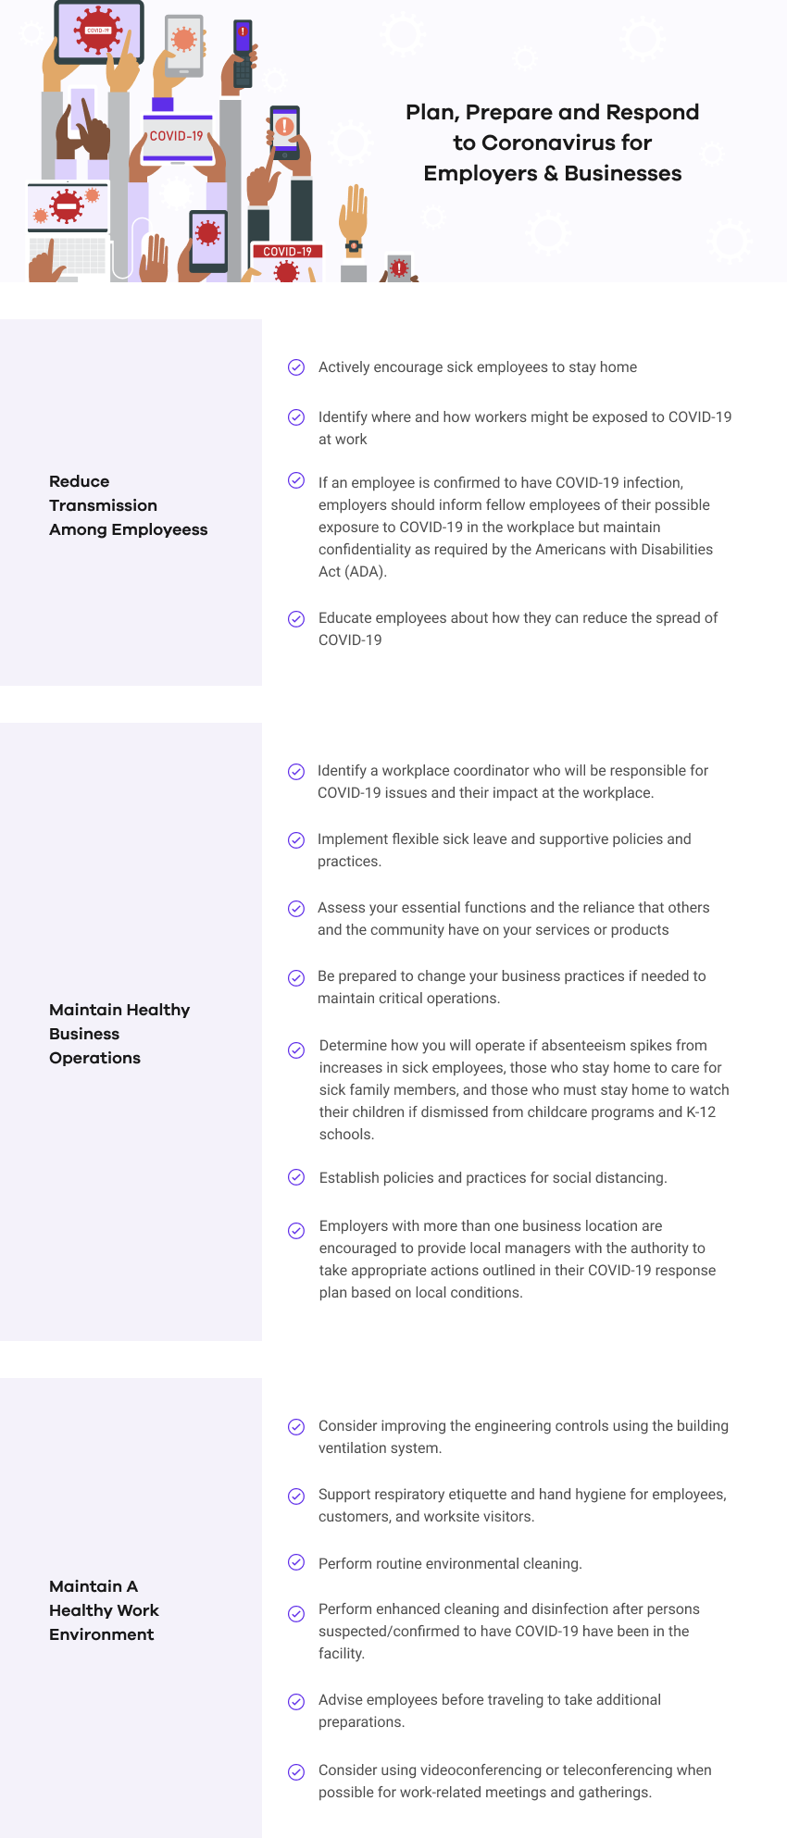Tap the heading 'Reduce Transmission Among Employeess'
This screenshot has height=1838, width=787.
coord(128,505)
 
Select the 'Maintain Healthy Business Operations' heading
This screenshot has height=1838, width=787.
coord(119,1034)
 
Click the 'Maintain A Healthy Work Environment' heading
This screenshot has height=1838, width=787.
coord(104,1610)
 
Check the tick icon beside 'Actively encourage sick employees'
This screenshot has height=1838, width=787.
coord(296,367)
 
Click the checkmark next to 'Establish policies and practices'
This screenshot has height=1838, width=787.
coord(296,1177)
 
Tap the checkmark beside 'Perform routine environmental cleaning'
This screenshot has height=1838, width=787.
coord(296,1562)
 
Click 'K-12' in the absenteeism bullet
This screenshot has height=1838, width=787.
coord(701,1112)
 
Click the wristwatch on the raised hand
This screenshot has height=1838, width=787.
coord(354,247)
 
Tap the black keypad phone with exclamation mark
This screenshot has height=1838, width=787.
coord(243,54)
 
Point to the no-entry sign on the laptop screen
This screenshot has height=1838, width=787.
coord(67,206)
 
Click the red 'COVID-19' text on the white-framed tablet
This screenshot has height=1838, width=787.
coord(176,136)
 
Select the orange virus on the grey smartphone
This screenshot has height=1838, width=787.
coord(184,40)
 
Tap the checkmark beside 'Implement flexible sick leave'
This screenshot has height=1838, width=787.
coord(296,839)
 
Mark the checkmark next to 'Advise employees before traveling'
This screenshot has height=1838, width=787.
coord(296,1701)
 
